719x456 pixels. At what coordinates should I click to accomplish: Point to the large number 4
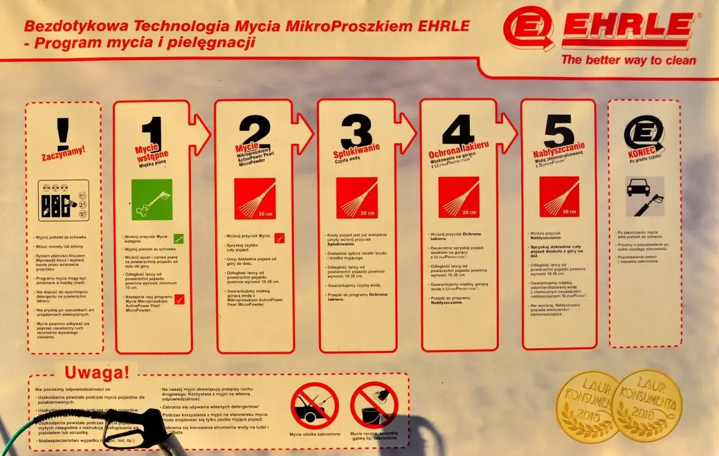coord(459,130)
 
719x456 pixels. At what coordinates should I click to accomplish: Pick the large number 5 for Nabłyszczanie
coord(558,131)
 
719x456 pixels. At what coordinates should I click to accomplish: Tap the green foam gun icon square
coord(152,199)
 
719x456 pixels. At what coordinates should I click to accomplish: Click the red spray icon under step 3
coord(357,198)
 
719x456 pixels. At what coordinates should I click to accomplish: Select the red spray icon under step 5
coord(559,197)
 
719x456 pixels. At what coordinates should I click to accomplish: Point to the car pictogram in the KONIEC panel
coord(639,187)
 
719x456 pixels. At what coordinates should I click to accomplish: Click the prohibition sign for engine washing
coord(315,405)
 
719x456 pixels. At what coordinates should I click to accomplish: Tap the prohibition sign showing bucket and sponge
coord(374,405)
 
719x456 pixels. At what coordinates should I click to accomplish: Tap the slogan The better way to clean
coord(629,60)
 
